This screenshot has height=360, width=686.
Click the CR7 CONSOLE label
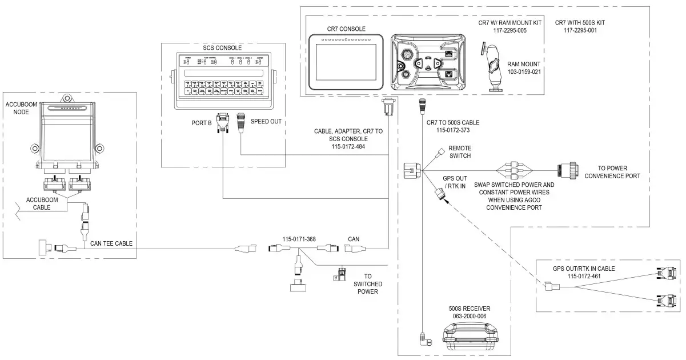point(346,29)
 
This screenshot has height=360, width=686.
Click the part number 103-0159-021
point(526,72)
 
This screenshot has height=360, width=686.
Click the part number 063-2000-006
point(469,315)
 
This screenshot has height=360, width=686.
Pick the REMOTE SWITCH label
point(460,151)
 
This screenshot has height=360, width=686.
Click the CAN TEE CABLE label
point(111,243)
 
